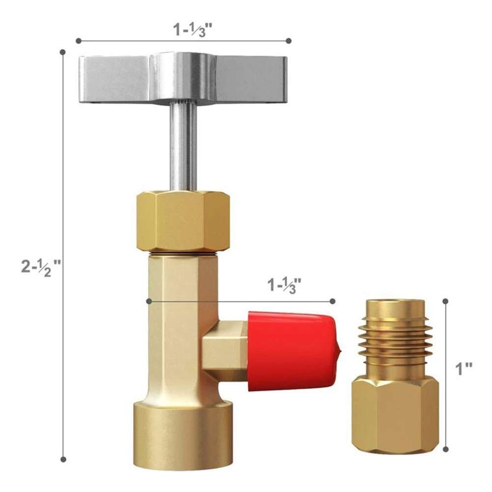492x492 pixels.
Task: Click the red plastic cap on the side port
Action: pyautogui.click(x=292, y=350)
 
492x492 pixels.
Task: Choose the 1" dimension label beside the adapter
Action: pyautogui.click(x=464, y=369)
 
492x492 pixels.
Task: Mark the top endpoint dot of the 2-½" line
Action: pyautogui.click(x=62, y=52)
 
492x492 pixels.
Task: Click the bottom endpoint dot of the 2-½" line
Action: pyautogui.click(x=63, y=459)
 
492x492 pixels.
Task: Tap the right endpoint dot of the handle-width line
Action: pyautogui.click(x=289, y=41)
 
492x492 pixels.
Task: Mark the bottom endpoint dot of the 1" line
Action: pyautogui.click(x=446, y=449)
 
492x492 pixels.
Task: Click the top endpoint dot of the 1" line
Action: pyautogui.click(x=446, y=301)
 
